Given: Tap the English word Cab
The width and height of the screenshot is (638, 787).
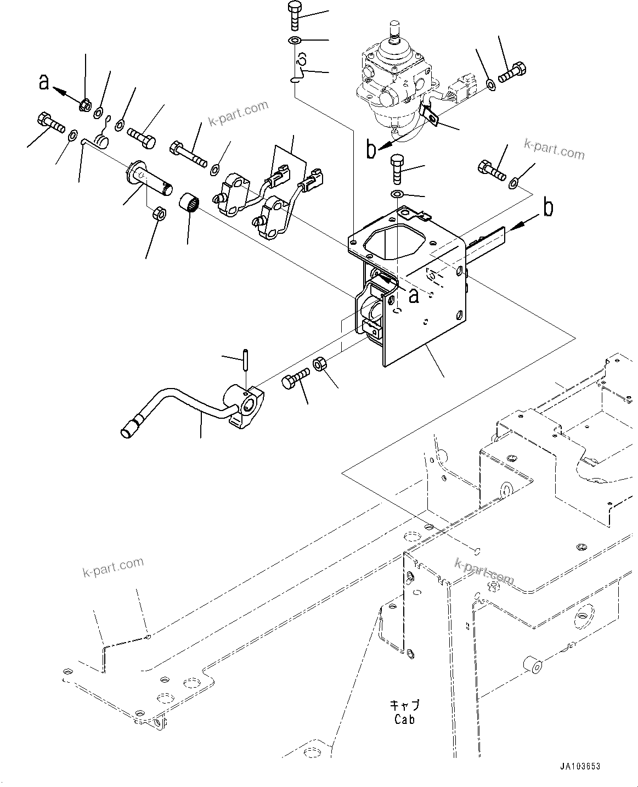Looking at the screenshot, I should coord(404,719).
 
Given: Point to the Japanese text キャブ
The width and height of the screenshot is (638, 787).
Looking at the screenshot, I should coord(404,705).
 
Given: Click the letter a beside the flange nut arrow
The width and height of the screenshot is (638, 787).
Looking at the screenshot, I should coord(44,82).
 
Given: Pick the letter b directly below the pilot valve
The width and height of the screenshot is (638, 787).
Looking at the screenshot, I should coord(372,149).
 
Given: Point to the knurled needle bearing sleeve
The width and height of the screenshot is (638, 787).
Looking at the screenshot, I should coord(189,203).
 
